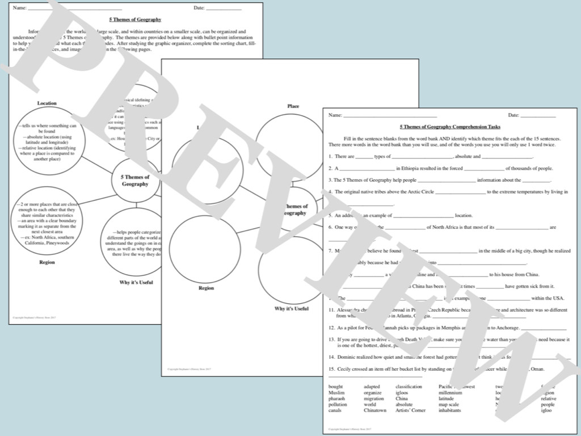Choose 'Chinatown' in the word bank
pyautogui.click(x=375, y=410)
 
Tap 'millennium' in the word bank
pyautogui.click(x=451, y=393)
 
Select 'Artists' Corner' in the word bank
pyautogui.click(x=411, y=410)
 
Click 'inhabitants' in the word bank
pyautogui.click(x=450, y=410)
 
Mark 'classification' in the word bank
pyautogui.click(x=409, y=387)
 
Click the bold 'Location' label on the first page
pyautogui.click(x=47, y=103)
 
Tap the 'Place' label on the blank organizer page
pyautogui.click(x=293, y=106)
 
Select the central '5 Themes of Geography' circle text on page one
pyautogui.click(x=135, y=181)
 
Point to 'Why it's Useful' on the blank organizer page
pyautogui.click(x=292, y=308)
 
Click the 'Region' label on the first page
pyautogui.click(x=47, y=262)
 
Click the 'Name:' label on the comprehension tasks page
pyautogui.click(x=335, y=115)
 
